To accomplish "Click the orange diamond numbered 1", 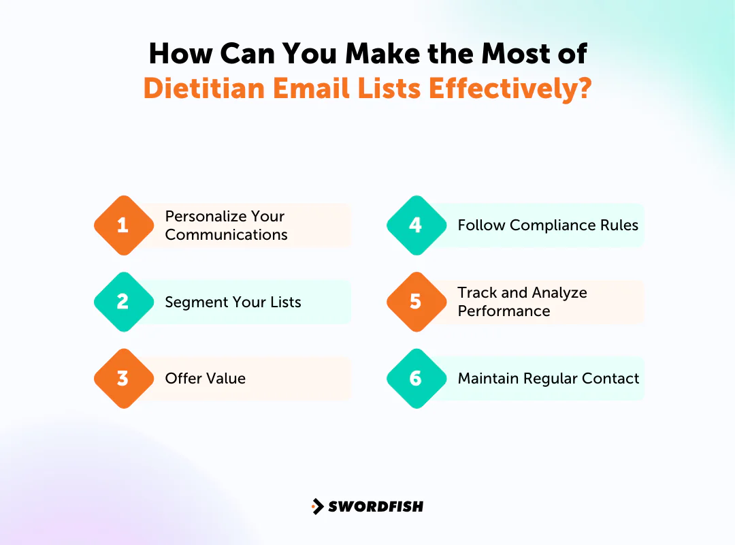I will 123,225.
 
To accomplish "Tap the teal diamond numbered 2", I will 123,302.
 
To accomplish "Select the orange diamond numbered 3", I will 123,379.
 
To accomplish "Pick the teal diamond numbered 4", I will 416,225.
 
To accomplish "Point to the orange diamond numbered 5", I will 416,302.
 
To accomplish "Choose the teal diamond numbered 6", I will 416,379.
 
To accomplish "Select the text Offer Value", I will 205,379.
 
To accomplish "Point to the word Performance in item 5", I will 504,311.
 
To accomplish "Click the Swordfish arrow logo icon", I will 317,506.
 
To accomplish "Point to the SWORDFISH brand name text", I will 376,506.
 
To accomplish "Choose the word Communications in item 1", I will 226,235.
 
